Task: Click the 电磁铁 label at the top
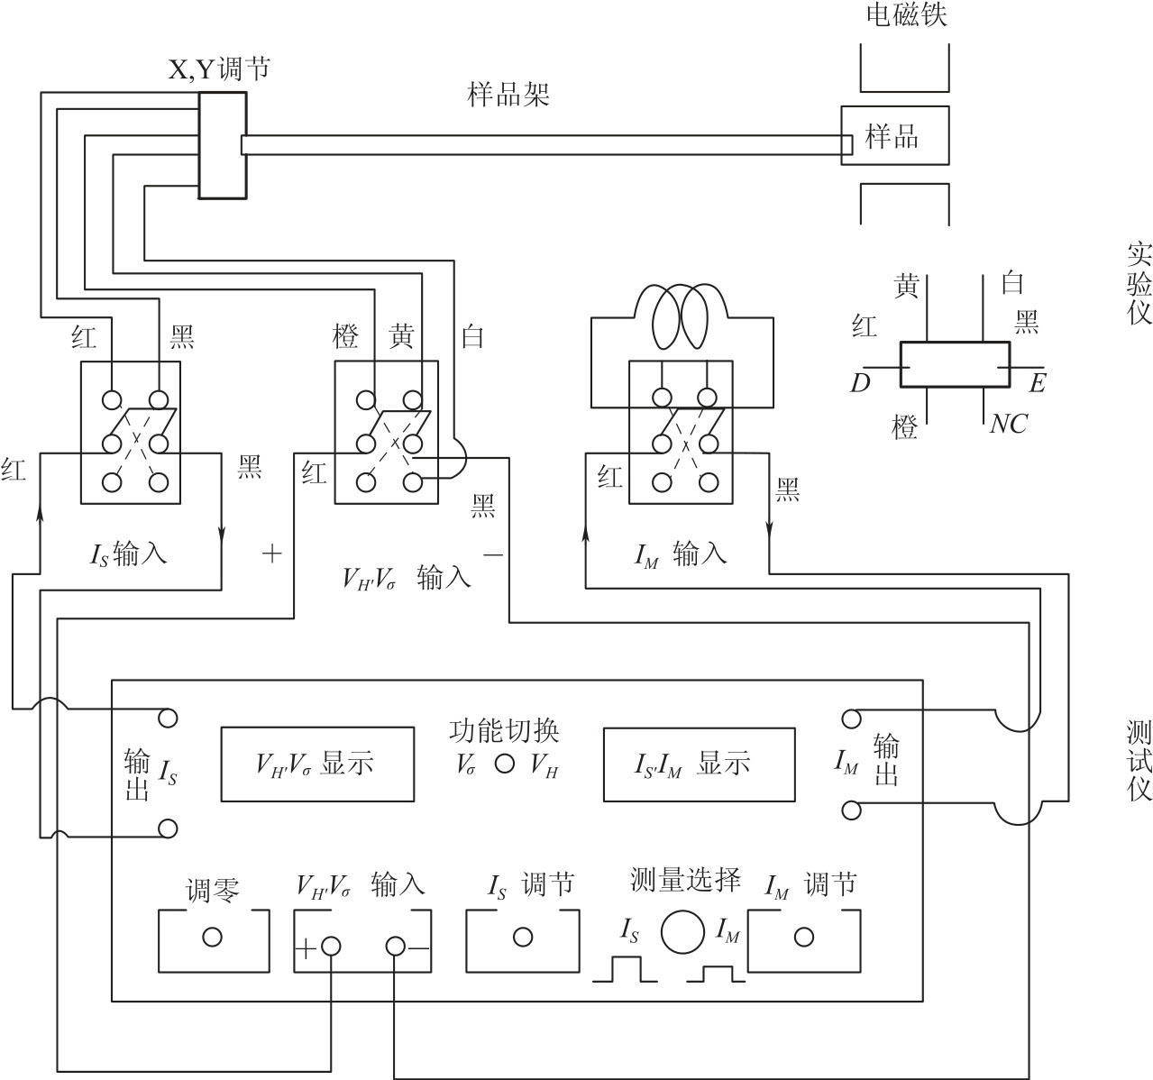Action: (905, 14)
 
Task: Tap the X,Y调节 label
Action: (219, 69)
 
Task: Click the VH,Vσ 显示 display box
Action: (317, 764)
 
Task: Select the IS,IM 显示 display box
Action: (699, 764)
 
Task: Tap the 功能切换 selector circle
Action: (505, 764)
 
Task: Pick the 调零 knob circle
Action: (213, 938)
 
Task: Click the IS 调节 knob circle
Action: (522, 938)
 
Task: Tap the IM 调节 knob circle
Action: (802, 938)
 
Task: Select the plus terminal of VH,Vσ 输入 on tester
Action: (331, 947)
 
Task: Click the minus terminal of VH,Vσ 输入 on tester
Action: (395, 947)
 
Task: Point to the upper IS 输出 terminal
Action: (168, 718)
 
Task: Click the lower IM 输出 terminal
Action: (851, 810)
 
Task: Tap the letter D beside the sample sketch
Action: (859, 384)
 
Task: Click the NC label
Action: (1008, 424)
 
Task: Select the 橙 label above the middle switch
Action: (345, 337)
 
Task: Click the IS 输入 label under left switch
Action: (129, 554)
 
